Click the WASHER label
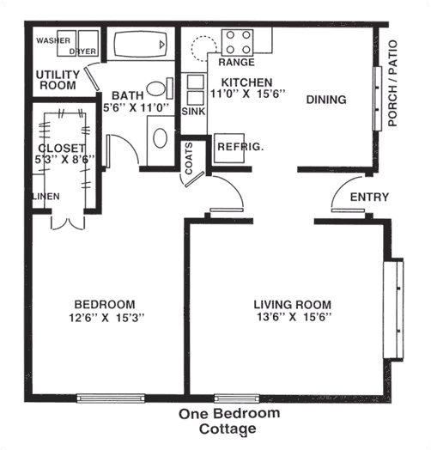click(x=52, y=40)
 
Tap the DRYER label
click(x=83, y=51)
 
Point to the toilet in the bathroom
click(x=157, y=88)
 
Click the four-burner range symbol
click(x=238, y=42)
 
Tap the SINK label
click(x=193, y=112)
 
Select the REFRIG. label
click(x=240, y=147)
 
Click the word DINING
click(x=325, y=100)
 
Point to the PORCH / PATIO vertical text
click(x=394, y=83)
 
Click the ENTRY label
click(x=369, y=198)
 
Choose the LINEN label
click(x=46, y=197)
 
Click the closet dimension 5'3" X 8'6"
click(x=59, y=160)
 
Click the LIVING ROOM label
click(x=292, y=304)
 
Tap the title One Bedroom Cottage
click(x=229, y=421)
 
